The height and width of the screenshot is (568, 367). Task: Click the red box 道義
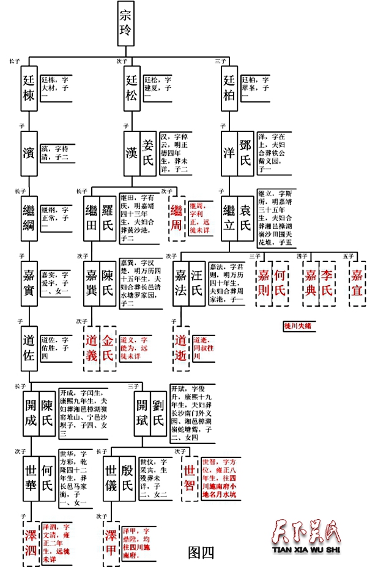[x=91, y=348]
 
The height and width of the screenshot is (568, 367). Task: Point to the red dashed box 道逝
[x=182, y=348]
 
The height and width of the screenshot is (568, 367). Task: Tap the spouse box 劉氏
[x=157, y=413]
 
